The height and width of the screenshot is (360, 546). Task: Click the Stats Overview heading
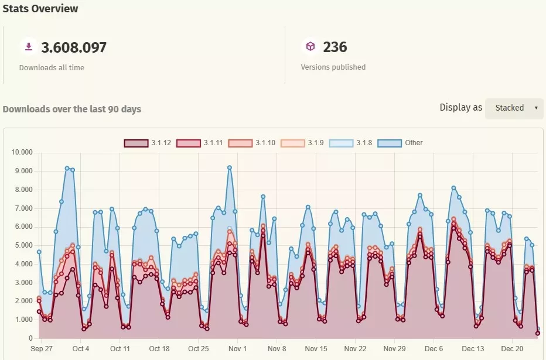point(40,9)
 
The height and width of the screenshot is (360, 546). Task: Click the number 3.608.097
point(74,47)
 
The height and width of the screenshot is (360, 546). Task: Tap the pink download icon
point(28,47)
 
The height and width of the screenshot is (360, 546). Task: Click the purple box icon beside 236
point(310,46)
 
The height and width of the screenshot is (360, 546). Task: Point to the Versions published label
point(333,67)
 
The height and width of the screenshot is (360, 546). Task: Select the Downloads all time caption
point(52,68)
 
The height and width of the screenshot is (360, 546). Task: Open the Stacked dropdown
point(514,108)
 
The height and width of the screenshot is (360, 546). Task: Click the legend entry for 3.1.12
point(148,143)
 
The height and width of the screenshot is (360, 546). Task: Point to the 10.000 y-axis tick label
point(22,153)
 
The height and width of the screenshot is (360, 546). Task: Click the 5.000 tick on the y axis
point(24,246)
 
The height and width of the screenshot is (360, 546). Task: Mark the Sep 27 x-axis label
point(42,349)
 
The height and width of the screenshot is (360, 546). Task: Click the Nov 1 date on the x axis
point(238,349)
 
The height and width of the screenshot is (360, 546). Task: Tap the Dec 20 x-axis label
point(513,349)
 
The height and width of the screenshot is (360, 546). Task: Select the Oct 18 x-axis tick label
point(159,349)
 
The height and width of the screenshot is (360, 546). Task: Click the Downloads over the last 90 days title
point(72,109)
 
